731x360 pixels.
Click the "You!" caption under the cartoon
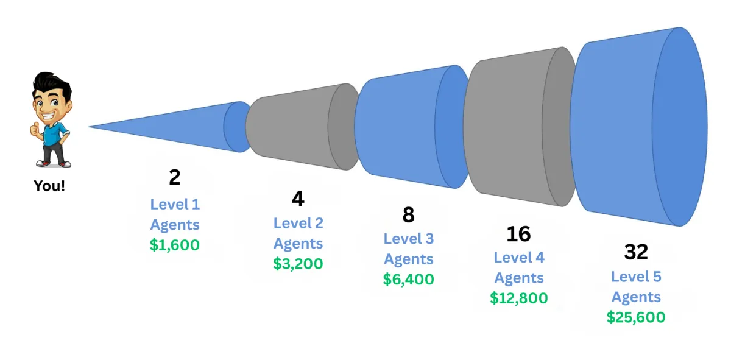click(49, 186)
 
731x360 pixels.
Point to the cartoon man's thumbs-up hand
click(35, 129)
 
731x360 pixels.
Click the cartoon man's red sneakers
click(54, 163)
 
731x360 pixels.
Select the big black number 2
click(175, 177)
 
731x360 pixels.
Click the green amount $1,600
click(175, 245)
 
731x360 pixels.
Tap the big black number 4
click(298, 199)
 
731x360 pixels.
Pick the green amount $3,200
click(298, 264)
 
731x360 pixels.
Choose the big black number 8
click(408, 214)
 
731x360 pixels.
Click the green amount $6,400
click(408, 279)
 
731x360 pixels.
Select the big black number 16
click(518, 233)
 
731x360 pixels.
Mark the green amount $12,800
click(518, 298)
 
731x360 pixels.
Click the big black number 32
click(636, 252)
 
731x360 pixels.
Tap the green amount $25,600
click(636, 317)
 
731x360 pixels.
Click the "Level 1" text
click(175, 204)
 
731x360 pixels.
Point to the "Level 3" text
click(408, 239)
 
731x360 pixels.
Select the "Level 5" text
click(636, 277)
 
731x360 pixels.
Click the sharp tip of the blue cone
click(91, 127)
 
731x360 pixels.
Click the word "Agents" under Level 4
click(518, 278)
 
